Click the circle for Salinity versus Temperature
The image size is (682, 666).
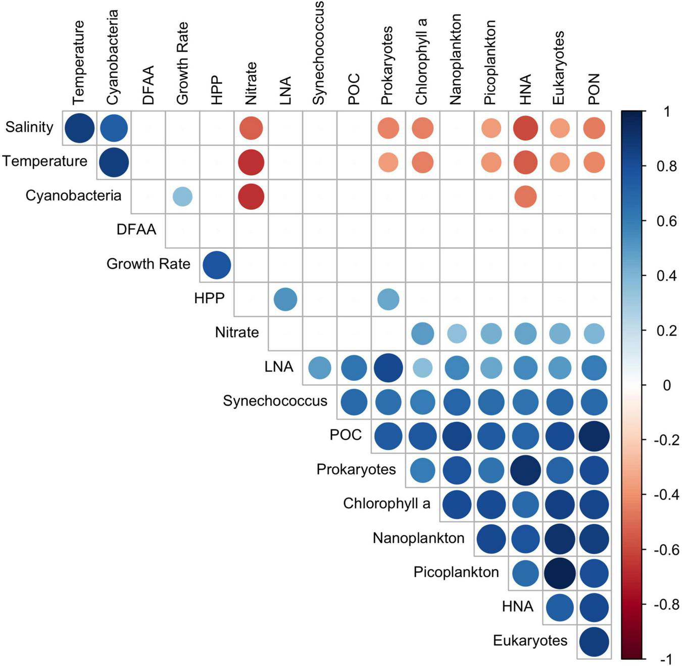tap(79, 128)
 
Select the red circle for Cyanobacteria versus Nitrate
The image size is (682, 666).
tap(251, 196)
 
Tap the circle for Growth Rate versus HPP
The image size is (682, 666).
tap(217, 265)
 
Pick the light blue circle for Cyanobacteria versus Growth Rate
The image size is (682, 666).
tap(182, 196)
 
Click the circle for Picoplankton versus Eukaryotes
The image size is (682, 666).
tap(559, 573)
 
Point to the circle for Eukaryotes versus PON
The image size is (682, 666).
tap(594, 641)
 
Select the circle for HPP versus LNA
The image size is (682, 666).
tap(285, 299)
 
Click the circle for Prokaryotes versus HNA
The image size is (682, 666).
tap(525, 470)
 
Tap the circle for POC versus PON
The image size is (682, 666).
tap(594, 436)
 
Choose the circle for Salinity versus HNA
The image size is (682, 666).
tap(525, 128)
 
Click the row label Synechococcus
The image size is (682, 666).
tap(275, 401)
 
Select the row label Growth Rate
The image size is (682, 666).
tap(148, 264)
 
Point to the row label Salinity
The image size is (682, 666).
tap(29, 127)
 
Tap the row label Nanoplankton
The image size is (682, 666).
tap(418, 538)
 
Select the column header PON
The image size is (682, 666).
tap(594, 88)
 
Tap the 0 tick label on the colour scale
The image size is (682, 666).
tap(667, 385)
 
